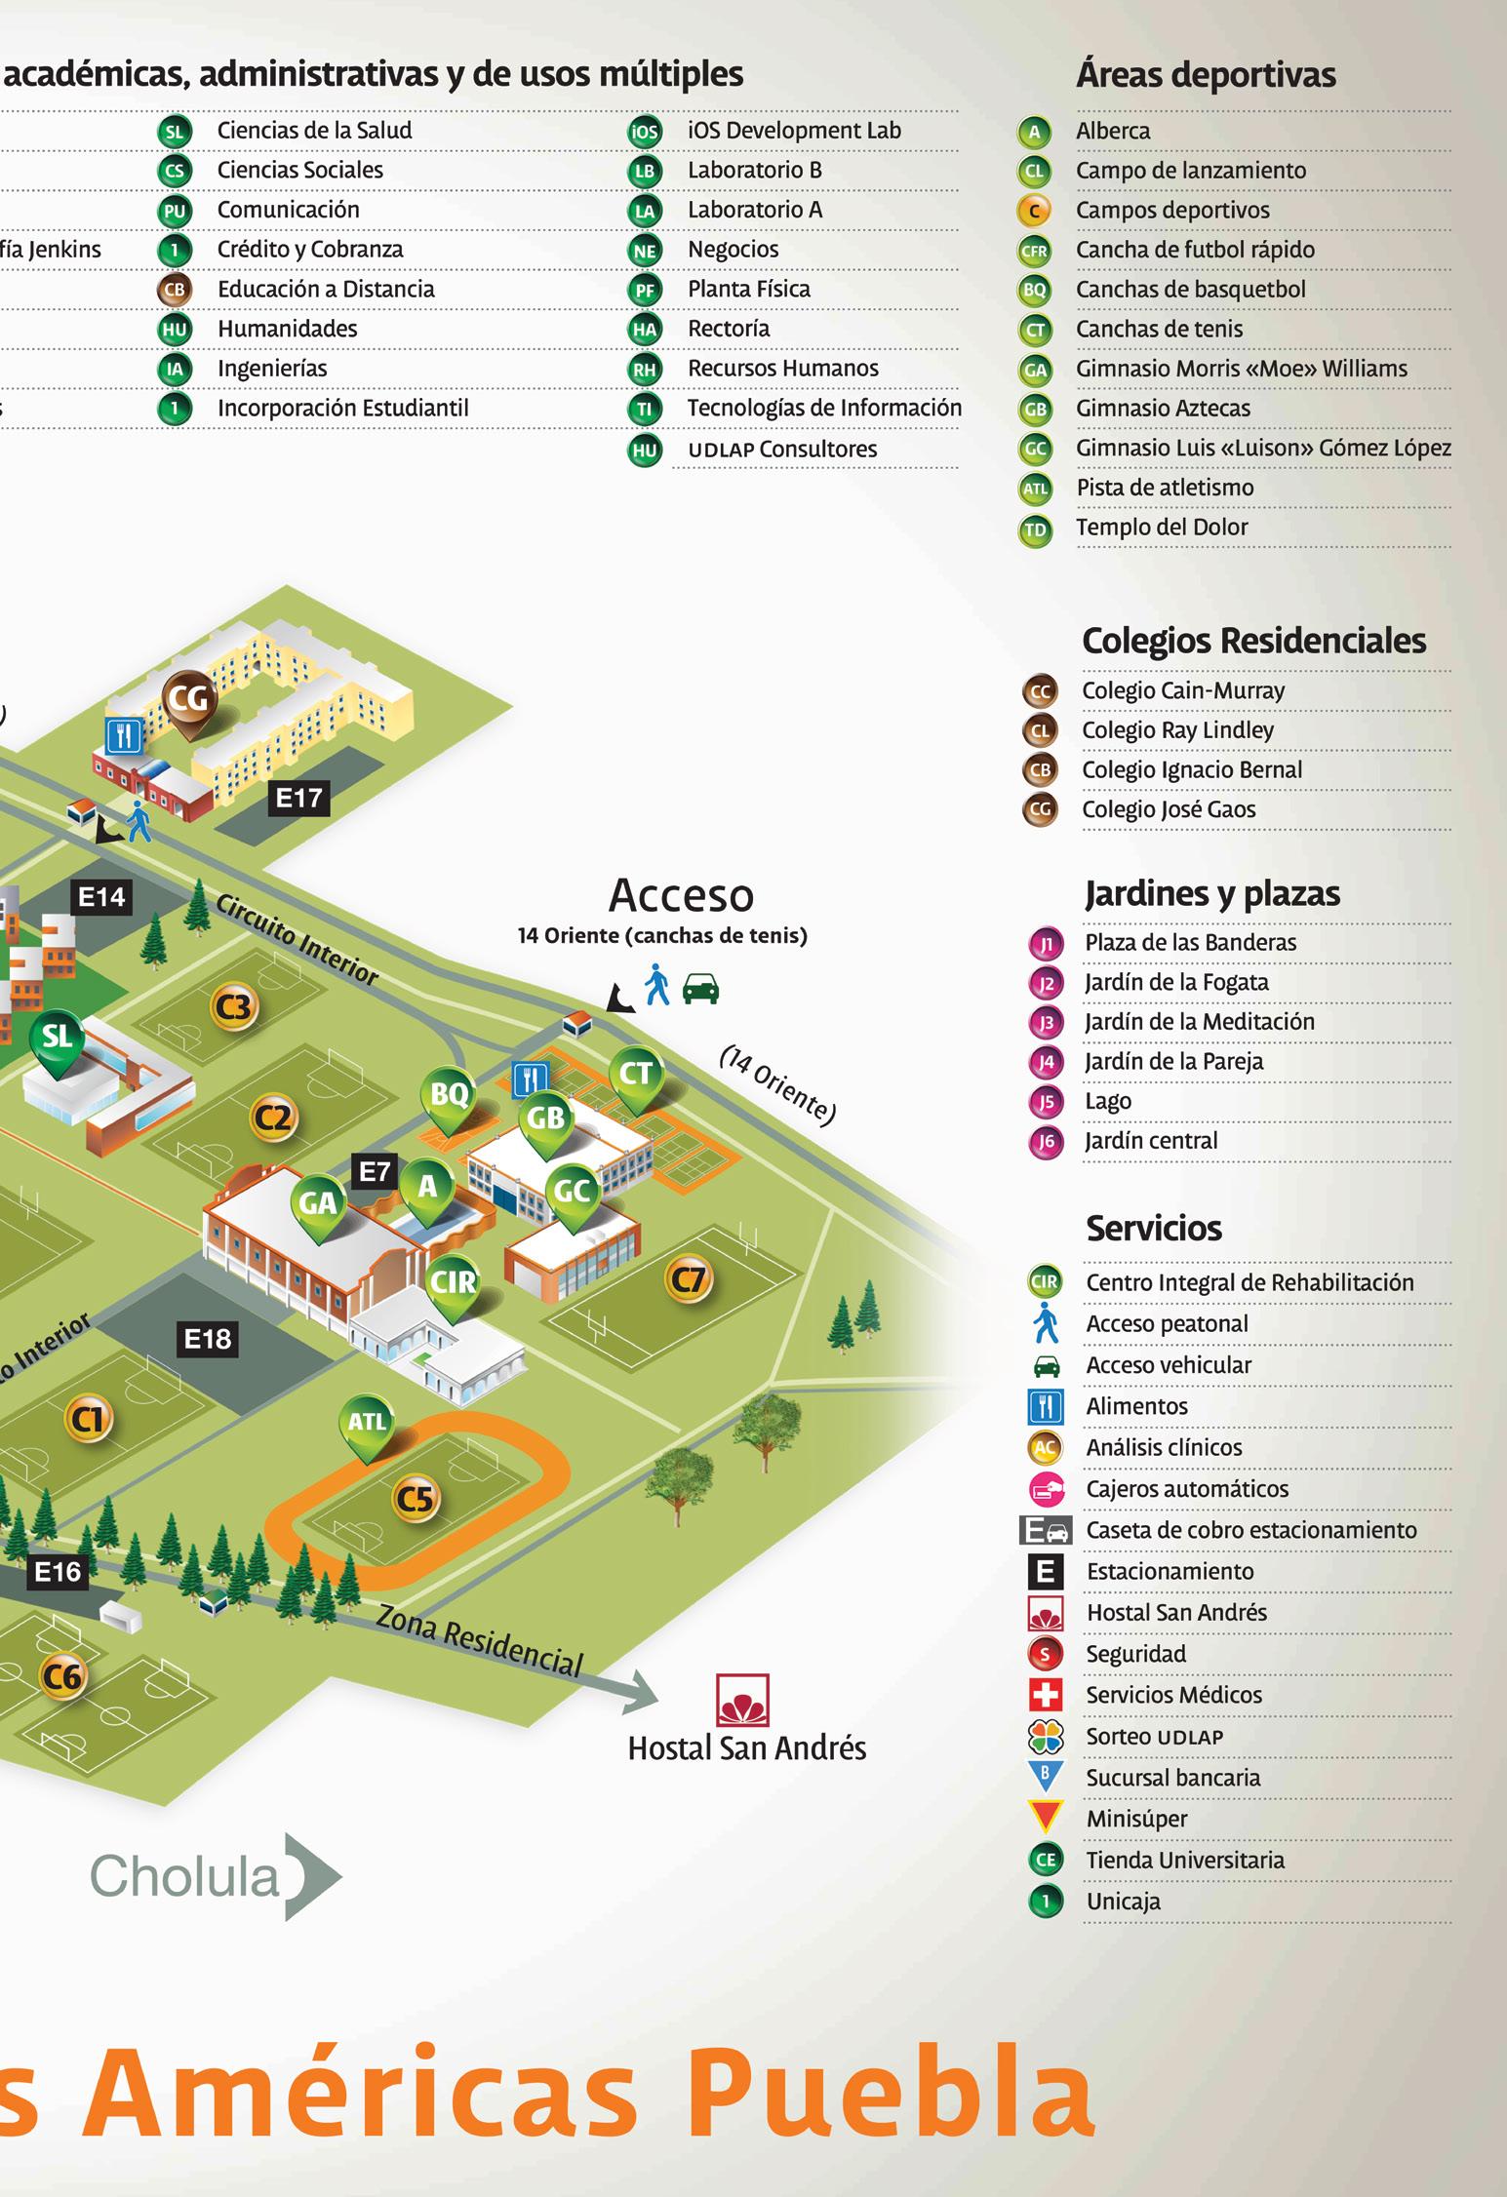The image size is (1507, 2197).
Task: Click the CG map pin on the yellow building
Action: [189, 698]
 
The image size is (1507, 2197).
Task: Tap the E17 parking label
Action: [298, 798]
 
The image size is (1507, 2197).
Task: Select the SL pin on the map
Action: [58, 1036]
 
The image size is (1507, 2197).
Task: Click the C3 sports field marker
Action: [234, 1006]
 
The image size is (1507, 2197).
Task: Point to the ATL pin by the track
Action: [367, 1423]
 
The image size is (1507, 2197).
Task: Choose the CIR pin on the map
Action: [453, 1281]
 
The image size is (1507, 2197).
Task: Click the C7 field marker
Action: [690, 1278]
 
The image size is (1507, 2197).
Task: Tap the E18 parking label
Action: [208, 1339]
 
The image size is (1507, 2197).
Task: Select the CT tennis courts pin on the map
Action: [636, 1075]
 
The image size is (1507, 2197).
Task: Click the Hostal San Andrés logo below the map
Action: [743, 1701]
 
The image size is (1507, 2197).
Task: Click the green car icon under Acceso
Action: [700, 989]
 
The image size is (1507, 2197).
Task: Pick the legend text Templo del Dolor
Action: [1162, 528]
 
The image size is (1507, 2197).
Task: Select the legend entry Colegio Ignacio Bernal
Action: [1192, 769]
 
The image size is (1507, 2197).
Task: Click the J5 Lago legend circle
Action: [1046, 1102]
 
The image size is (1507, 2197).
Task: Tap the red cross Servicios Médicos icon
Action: [1046, 1696]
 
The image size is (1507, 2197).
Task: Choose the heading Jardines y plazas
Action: [1212, 893]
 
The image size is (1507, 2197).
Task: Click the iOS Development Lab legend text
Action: [794, 131]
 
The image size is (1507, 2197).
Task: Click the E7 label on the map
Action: [375, 1171]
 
